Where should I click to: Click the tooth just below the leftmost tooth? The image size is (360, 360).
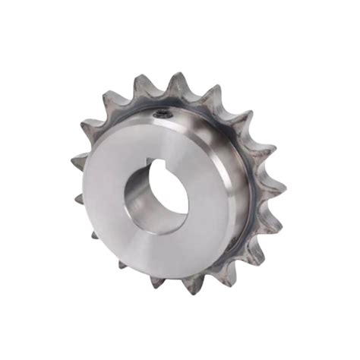click(x=81, y=199)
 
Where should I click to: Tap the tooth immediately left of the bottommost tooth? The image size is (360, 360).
click(x=156, y=282)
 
